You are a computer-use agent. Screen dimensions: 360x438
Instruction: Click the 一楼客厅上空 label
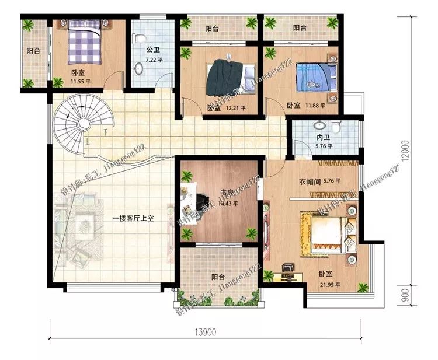click(x=133, y=219)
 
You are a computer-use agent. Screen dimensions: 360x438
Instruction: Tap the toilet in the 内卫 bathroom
click(x=336, y=127)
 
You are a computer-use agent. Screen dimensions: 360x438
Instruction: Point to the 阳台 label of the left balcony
click(x=33, y=50)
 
